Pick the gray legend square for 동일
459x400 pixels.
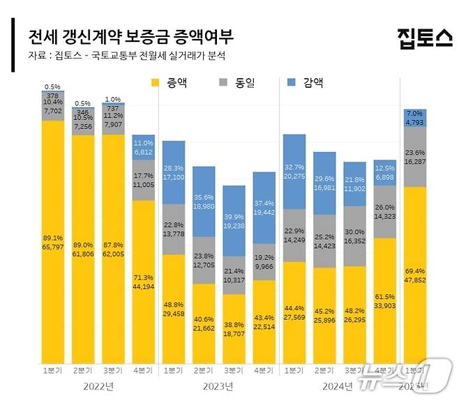(223, 83)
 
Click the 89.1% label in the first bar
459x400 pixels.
(52, 238)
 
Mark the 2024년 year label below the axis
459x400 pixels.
(338, 385)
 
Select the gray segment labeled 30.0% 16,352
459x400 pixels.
(354, 236)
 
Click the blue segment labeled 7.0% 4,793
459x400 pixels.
(415, 118)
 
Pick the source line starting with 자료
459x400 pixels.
(126, 55)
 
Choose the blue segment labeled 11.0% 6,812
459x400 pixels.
(143, 147)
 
